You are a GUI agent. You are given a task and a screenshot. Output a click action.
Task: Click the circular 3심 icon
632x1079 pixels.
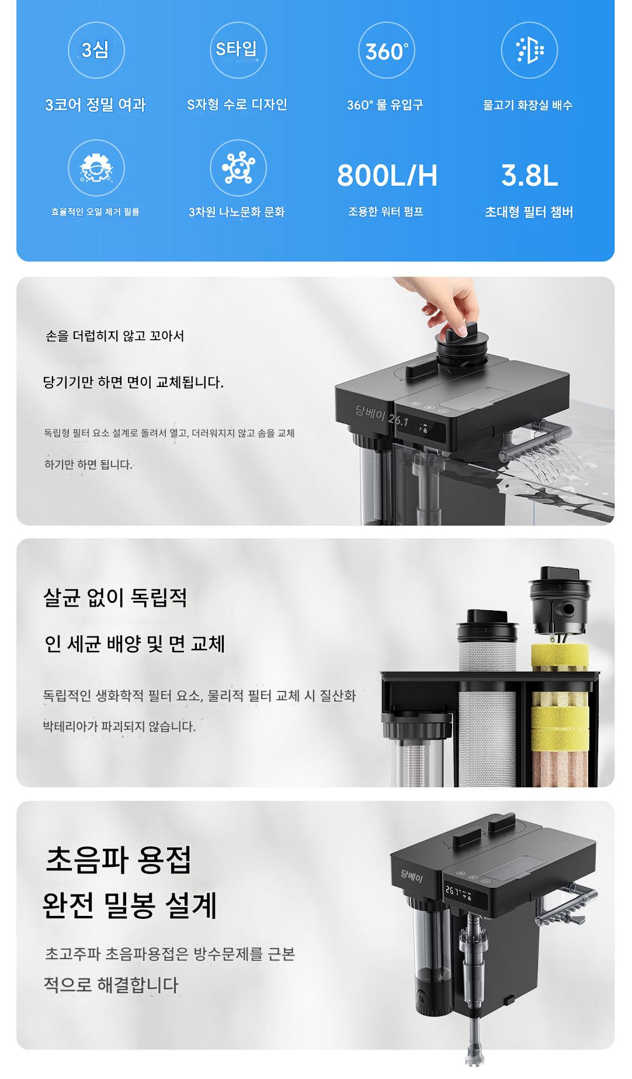click(96, 50)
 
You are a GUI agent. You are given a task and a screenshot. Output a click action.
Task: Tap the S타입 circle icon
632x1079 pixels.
click(237, 50)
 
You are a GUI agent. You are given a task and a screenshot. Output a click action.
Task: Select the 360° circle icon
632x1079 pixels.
click(386, 50)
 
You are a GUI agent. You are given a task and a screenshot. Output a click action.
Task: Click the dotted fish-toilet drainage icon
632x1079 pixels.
click(530, 50)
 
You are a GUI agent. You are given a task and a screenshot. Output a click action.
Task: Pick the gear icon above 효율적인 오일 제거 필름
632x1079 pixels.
click(96, 168)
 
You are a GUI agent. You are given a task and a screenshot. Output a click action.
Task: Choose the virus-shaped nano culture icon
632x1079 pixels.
click(238, 168)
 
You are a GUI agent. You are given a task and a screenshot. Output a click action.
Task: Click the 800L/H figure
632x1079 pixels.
click(387, 175)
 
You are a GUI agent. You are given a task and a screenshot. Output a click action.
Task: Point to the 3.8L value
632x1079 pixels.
click(529, 175)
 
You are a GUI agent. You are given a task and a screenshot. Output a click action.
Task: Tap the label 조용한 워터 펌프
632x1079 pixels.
click(386, 212)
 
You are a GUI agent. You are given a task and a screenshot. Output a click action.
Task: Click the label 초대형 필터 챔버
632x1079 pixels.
click(529, 212)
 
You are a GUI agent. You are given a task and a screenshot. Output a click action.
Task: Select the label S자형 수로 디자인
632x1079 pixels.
click(237, 105)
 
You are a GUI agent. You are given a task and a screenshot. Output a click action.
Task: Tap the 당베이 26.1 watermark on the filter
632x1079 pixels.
click(381, 415)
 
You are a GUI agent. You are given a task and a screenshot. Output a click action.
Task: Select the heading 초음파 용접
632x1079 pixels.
click(118, 859)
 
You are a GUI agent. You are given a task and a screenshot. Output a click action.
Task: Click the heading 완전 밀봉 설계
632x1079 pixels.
click(130, 905)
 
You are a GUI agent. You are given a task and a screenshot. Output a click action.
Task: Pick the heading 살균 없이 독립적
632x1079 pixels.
click(115, 597)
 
